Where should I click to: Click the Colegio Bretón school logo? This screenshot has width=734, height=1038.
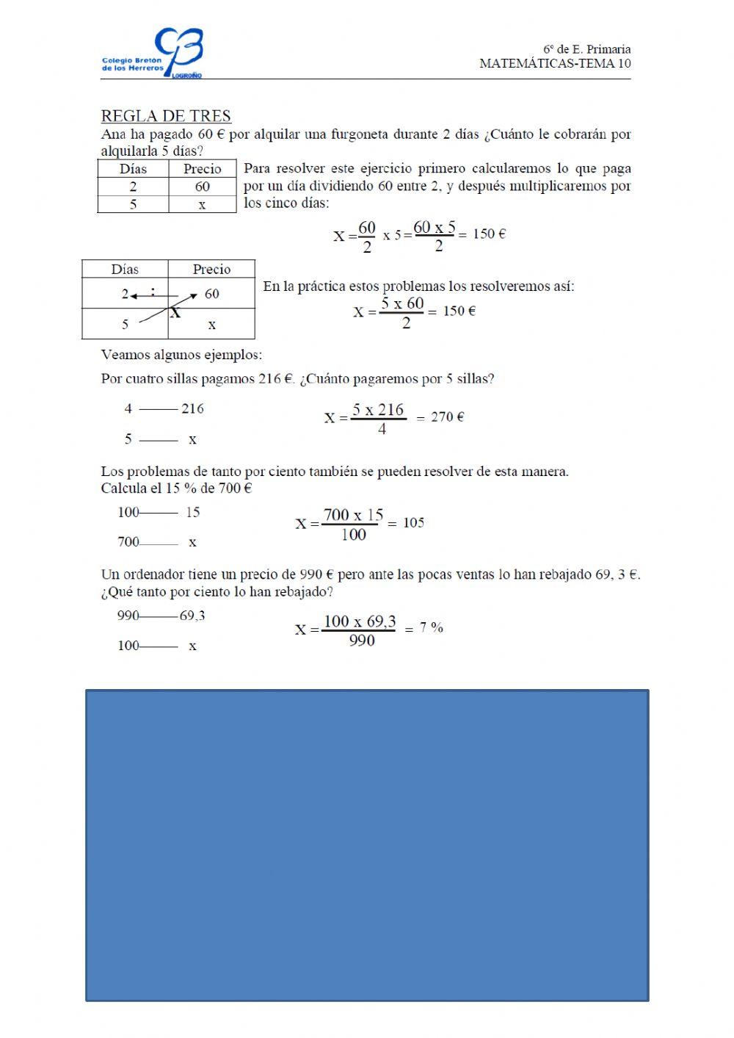point(153,54)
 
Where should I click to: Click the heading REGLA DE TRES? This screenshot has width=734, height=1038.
point(166,116)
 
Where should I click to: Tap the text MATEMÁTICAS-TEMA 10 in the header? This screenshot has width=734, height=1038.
point(555,63)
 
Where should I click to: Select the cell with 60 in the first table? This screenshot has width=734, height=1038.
point(203,187)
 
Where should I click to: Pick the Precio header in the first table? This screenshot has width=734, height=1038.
point(203,169)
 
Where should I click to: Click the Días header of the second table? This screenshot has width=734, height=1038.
point(125,270)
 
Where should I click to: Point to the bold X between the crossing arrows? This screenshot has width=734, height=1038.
point(175,314)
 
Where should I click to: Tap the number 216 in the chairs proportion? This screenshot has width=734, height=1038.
point(192,408)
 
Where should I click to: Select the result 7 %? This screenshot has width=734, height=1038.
point(432,628)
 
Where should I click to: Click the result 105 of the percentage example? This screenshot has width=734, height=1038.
point(414,523)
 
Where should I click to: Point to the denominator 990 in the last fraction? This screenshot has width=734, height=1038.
point(362,641)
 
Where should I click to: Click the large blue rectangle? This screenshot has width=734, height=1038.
point(367,845)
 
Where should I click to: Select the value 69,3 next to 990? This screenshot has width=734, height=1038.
point(192,616)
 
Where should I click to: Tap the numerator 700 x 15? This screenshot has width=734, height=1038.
point(353,515)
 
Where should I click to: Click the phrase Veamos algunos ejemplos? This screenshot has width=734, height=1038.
point(181,356)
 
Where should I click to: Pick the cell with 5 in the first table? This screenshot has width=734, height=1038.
point(133,204)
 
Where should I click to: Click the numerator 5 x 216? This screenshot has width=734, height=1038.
point(379,410)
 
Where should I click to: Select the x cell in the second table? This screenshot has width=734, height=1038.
point(211,324)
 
